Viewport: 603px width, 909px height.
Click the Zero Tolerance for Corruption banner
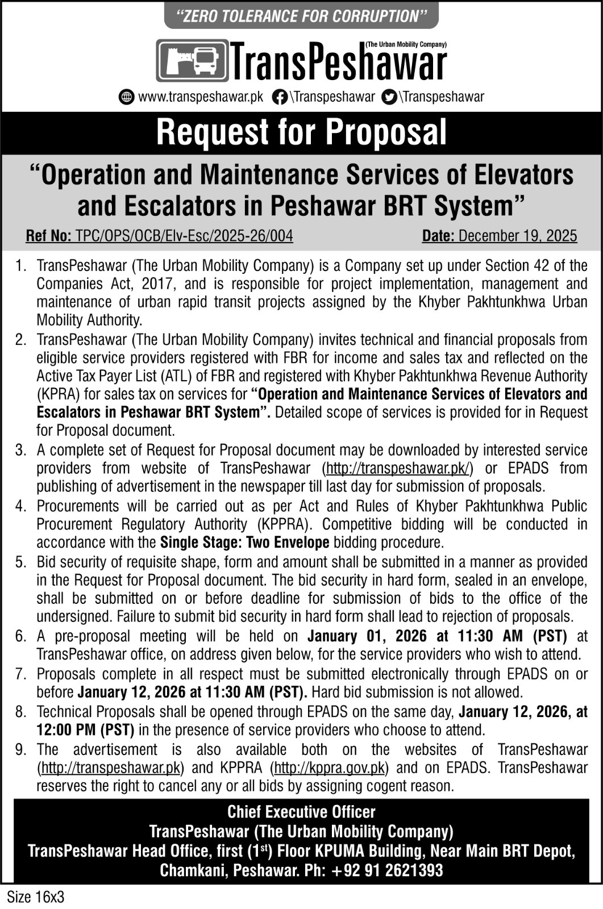point(301,16)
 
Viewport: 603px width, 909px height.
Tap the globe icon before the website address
point(126,97)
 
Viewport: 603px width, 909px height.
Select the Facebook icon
point(279,97)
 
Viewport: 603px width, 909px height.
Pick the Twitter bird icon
point(389,97)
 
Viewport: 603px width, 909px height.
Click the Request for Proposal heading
point(301,132)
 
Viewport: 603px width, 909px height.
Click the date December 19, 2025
point(517,236)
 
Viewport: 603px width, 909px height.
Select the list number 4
point(20,506)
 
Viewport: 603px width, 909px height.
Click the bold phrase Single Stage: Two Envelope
point(245,543)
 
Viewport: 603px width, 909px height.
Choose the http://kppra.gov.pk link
point(330,768)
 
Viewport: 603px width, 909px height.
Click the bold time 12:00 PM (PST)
point(86,729)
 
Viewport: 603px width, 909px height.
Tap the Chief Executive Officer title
point(301,812)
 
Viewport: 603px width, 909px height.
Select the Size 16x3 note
point(35,897)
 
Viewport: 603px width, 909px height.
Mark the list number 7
point(20,674)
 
